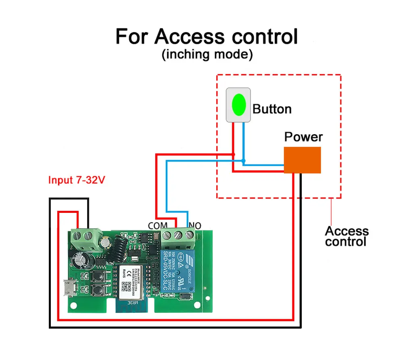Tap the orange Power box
302,160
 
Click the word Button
272,109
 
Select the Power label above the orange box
303,137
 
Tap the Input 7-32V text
77,180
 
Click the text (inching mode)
207,54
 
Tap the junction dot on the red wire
233,154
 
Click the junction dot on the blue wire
243,161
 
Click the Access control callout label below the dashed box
346,236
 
